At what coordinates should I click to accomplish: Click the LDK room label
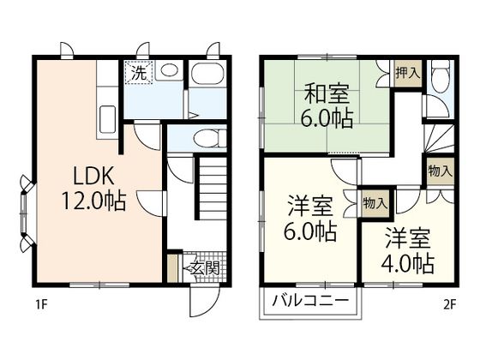(93, 177)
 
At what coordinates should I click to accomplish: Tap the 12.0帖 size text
(93, 202)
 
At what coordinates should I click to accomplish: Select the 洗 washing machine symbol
(138, 73)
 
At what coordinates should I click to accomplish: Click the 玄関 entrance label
(204, 267)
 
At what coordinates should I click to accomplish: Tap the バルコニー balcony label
(310, 301)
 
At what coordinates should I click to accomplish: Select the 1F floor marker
(41, 302)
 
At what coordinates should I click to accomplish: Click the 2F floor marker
(449, 302)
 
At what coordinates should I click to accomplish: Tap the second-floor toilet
(441, 80)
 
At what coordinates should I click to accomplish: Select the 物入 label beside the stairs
(440, 171)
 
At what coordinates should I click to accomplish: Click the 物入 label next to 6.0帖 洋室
(375, 203)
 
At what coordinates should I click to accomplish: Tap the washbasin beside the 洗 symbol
(169, 71)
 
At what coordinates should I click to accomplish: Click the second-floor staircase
(439, 137)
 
